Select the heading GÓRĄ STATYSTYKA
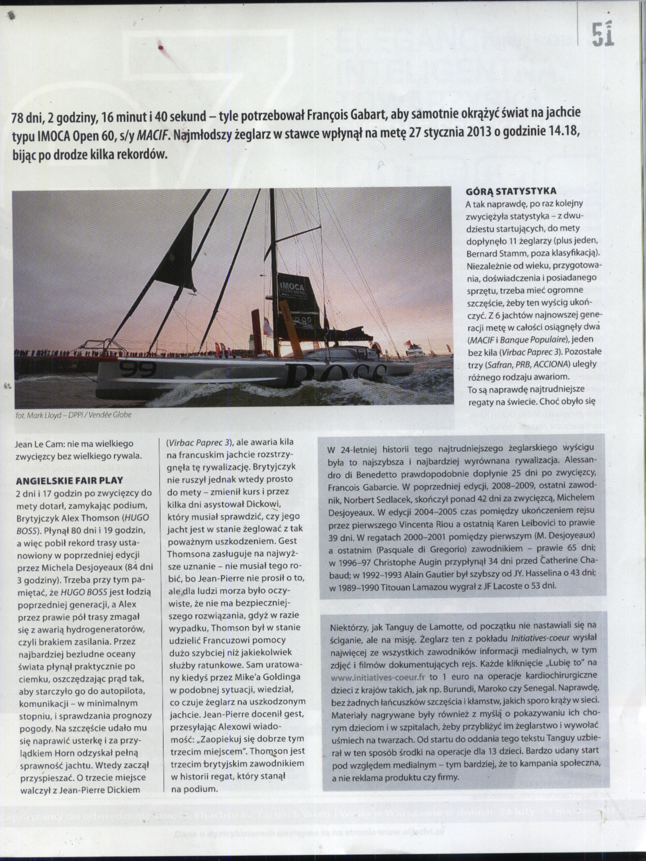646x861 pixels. coord(511,192)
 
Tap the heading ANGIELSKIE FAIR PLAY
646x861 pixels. coord(69,480)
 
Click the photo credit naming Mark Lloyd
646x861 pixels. coord(73,415)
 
